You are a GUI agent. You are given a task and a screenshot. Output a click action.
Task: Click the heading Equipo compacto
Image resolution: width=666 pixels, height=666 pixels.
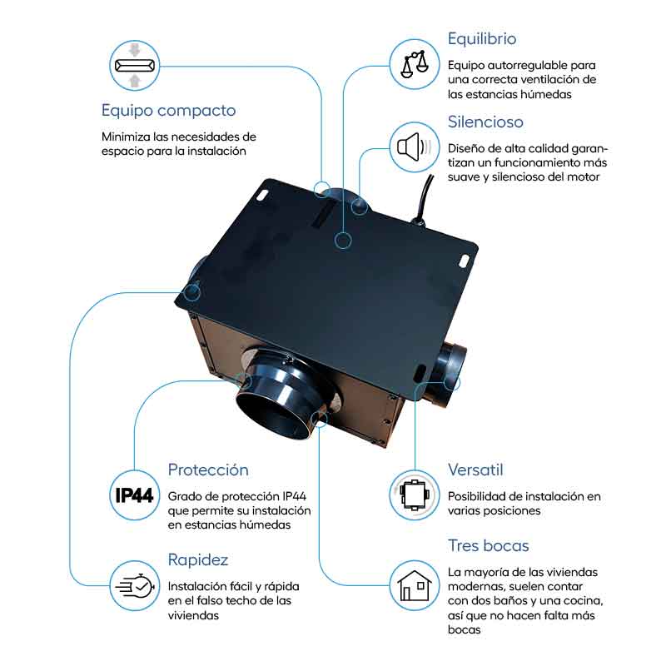[168, 110]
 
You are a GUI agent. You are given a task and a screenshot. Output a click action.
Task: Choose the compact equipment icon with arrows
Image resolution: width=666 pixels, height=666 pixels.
[133, 65]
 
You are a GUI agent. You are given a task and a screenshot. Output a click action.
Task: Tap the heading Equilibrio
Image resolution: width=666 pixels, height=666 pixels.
[482, 38]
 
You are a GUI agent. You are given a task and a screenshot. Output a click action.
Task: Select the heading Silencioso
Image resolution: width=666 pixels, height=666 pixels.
[485, 122]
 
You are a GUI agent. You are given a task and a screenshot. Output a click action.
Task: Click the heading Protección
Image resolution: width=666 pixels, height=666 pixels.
[208, 470]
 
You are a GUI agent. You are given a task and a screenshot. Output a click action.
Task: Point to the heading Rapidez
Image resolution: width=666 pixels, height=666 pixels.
[198, 559]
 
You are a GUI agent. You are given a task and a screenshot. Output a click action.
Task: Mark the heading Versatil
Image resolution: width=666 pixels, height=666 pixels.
[475, 470]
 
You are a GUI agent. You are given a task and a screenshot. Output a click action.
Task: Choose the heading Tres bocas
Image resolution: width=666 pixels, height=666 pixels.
[489, 546]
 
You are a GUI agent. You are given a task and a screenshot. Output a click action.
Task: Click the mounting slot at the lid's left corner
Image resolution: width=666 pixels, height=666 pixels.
[265, 194]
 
